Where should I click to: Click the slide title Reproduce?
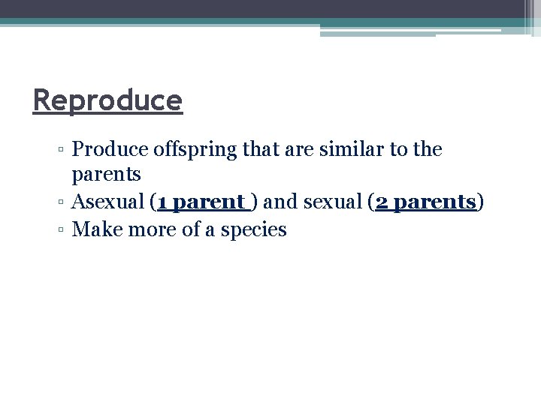[x=107, y=100]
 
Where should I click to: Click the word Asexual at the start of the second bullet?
[x=107, y=202]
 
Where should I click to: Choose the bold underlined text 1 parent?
[x=201, y=202]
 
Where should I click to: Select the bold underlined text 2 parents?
[x=425, y=202]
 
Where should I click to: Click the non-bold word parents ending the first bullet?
[x=106, y=175]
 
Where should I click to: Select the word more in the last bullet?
[x=148, y=229]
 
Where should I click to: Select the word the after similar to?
[x=427, y=149]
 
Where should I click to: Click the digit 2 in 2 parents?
[x=380, y=202]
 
